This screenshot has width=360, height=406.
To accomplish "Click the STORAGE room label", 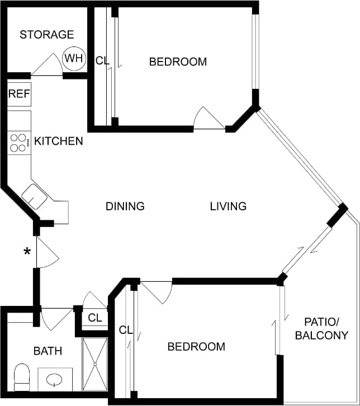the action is [47, 35].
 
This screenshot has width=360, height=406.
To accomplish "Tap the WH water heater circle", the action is [74, 59].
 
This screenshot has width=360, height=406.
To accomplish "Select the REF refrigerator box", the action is [19, 94].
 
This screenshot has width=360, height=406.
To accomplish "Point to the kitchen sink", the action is [34, 196].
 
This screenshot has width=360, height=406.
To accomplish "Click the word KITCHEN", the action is [59, 141].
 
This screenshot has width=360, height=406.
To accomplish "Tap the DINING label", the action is [125, 206].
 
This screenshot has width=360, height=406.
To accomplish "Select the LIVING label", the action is [228, 206].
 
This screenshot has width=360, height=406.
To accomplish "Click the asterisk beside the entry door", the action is [27, 251].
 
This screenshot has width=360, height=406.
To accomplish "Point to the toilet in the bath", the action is [22, 377].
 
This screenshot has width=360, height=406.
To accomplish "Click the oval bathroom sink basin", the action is [54, 380].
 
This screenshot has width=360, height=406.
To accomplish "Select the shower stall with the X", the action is [95, 364].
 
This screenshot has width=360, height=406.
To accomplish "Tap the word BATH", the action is [48, 351].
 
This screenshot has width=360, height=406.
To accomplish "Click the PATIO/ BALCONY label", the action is [321, 329].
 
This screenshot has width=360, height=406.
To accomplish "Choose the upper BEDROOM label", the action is [178, 62].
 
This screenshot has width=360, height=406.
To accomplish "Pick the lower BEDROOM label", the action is [196, 347].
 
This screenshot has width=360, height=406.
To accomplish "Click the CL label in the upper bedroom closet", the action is [102, 61].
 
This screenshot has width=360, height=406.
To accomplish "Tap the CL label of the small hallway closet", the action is [95, 318].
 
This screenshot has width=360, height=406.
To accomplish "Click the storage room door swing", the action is [47, 65].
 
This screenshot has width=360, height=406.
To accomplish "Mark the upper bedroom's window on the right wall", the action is [255, 51].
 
